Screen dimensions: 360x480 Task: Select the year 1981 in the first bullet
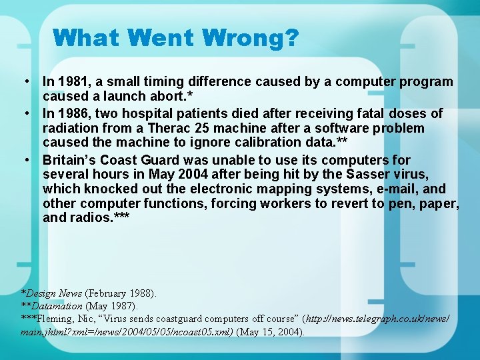click(x=71, y=82)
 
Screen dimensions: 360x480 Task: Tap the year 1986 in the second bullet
click(x=71, y=114)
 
